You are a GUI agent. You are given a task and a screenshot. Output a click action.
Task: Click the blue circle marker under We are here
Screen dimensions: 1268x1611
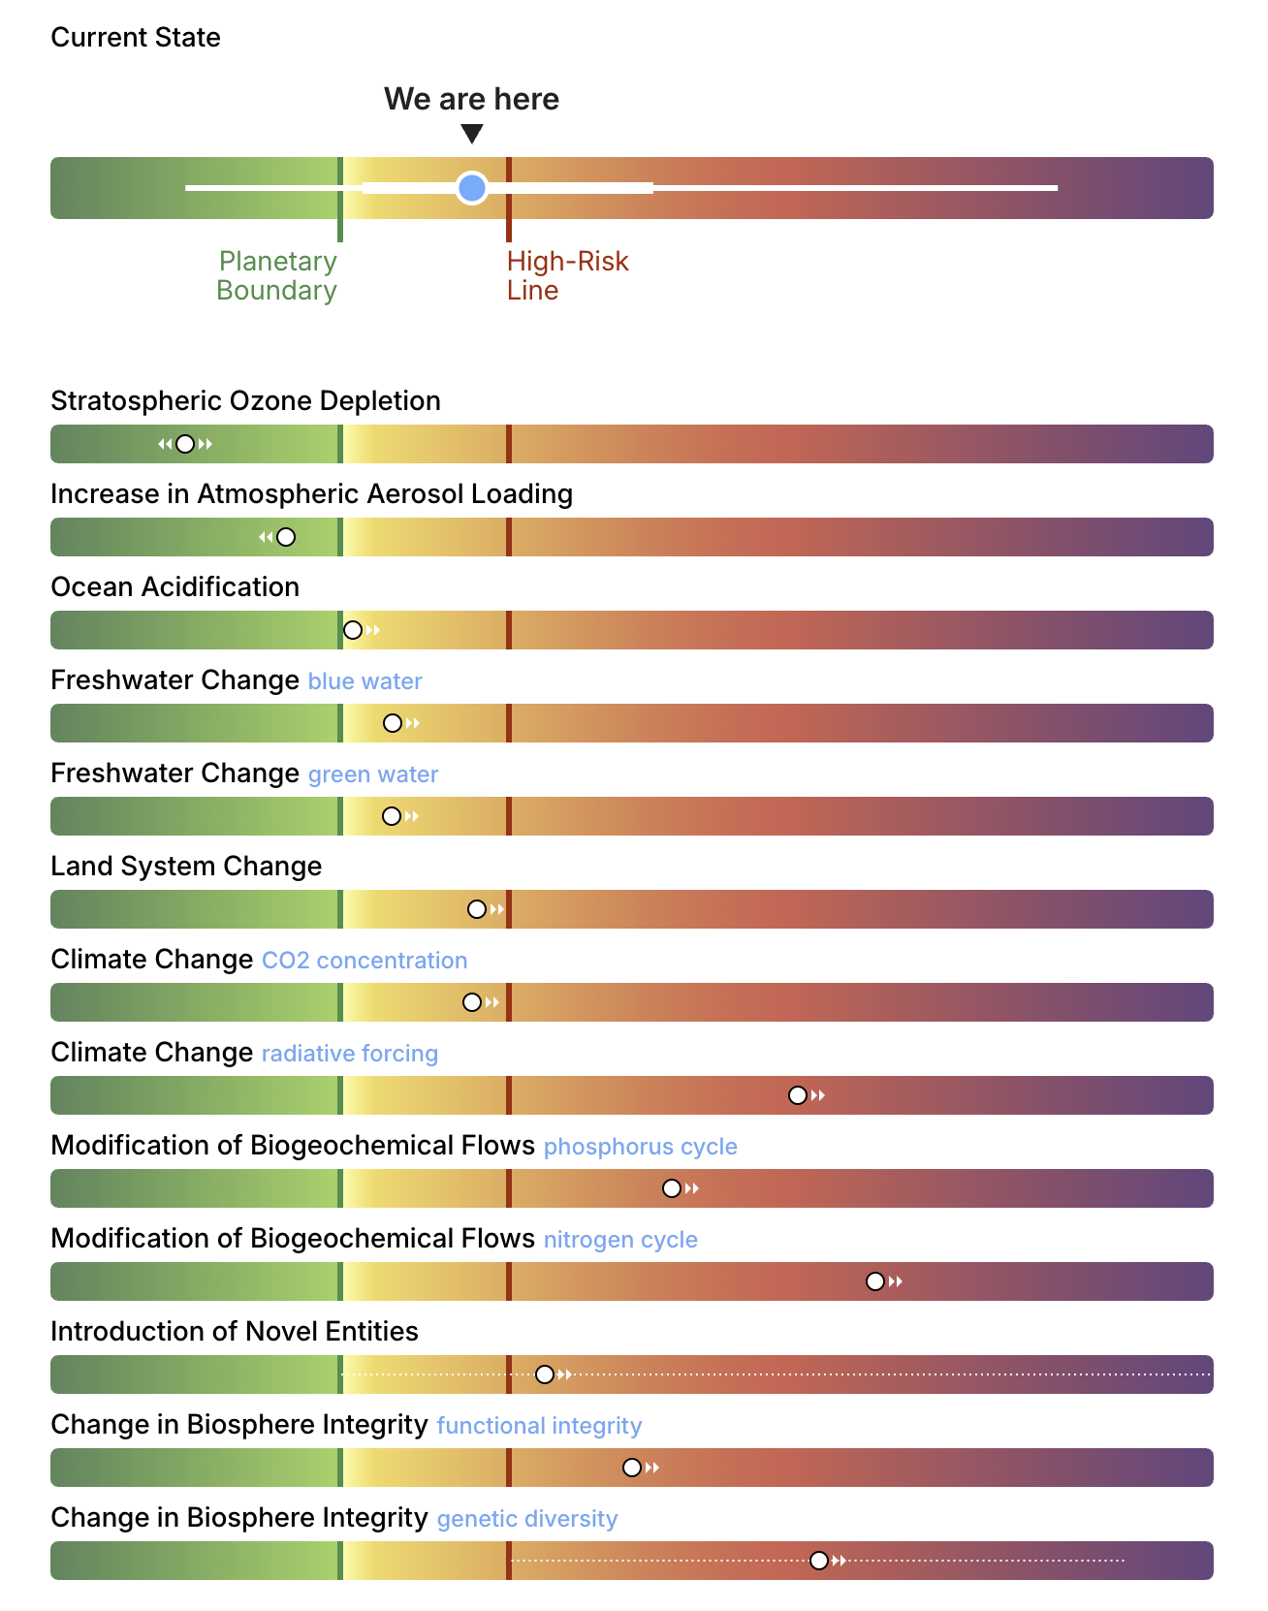click(472, 187)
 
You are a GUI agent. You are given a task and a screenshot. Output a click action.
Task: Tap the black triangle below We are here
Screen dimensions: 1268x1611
click(472, 134)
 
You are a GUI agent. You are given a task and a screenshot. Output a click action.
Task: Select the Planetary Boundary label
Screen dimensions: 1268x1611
click(277, 275)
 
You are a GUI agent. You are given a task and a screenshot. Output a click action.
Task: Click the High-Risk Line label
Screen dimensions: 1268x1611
click(568, 275)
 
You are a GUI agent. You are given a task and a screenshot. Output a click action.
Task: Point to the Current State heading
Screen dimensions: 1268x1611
click(136, 38)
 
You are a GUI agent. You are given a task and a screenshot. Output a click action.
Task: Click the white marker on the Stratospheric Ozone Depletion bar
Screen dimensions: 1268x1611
click(185, 444)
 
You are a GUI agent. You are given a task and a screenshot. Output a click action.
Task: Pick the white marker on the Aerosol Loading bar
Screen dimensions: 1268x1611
click(286, 537)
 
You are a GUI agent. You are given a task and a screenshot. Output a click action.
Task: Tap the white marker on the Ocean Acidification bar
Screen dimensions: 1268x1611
click(353, 630)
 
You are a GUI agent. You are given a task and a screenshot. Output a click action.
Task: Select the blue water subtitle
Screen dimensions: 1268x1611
click(365, 681)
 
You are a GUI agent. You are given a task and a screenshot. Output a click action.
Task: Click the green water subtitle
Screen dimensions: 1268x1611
click(373, 774)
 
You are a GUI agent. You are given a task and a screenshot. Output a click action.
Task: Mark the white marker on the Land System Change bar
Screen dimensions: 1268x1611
click(477, 909)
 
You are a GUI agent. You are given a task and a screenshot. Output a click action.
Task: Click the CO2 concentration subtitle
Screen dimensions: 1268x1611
click(365, 961)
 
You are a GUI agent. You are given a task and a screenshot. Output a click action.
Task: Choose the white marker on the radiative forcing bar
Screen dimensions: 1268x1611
click(798, 1095)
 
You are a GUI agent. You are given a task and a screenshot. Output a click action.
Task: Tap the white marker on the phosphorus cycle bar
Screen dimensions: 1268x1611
click(672, 1188)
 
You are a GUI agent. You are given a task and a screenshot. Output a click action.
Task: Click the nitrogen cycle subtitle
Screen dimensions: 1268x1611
click(620, 1240)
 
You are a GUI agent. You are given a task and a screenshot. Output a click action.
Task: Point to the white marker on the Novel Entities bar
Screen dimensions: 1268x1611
click(545, 1374)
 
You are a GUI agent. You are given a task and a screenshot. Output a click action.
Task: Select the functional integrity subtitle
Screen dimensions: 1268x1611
click(540, 1426)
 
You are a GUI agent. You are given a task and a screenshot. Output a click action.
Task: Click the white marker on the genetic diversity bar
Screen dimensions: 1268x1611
click(819, 1561)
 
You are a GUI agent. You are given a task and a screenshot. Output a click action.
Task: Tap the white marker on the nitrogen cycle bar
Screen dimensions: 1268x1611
click(875, 1281)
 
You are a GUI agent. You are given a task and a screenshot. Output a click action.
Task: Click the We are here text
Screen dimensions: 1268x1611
click(472, 99)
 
